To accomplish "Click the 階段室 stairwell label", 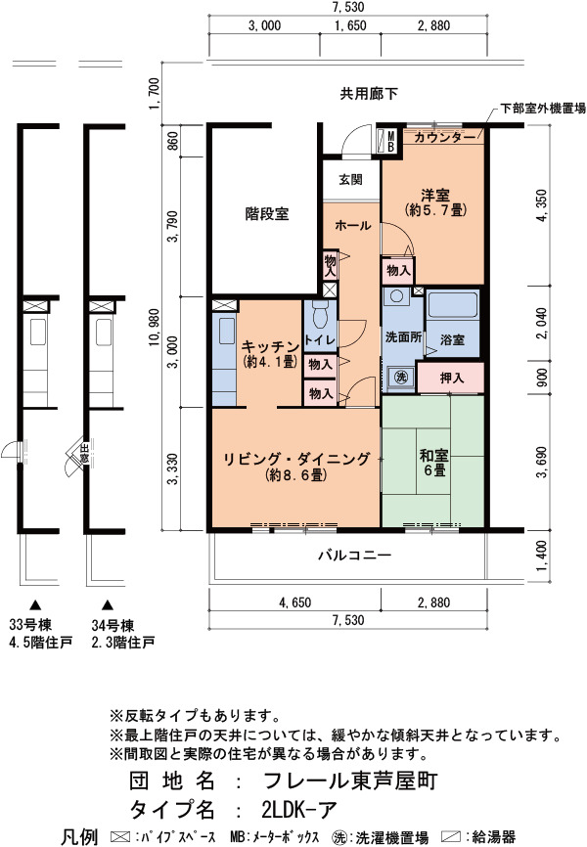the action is click(267, 214).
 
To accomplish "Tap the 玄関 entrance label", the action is click(351, 179).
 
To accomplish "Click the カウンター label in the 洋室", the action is click(444, 137).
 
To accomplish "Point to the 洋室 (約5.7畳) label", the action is click(435, 202).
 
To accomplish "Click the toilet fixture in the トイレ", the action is click(321, 313).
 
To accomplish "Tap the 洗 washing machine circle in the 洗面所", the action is click(400, 377).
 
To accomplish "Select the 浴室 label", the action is click(452, 339).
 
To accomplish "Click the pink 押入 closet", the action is click(451, 378).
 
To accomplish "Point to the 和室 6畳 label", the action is click(433, 463).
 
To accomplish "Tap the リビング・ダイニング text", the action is click(296, 459).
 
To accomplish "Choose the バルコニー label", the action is click(354, 555).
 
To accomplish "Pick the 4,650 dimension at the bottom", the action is click(294, 602).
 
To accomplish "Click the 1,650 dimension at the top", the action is click(350, 25).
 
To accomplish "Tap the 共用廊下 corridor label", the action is click(369, 94).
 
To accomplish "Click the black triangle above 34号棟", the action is click(108, 604).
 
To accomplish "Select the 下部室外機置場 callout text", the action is click(542, 108).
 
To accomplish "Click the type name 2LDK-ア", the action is click(299, 809).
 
